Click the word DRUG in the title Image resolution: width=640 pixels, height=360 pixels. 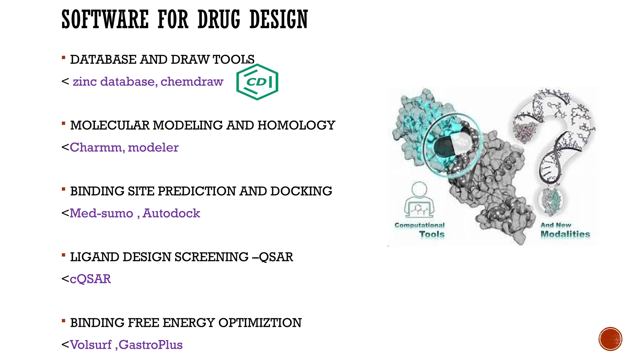pyautogui.click(x=219, y=19)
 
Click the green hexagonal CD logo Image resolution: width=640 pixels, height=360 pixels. pyautogui.click(x=257, y=82)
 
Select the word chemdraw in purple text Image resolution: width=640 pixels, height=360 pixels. pyautogui.click(x=192, y=82)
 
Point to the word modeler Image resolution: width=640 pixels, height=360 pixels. pyautogui.click(x=153, y=147)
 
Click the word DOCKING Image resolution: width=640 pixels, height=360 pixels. pyautogui.click(x=301, y=191)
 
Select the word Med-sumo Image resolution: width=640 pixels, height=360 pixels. pyautogui.click(x=101, y=213)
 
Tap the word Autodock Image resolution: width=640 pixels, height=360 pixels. pyautogui.click(x=171, y=213)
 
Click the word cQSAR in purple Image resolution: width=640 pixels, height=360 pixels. pyautogui.click(x=90, y=279)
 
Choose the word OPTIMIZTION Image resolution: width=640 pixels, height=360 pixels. pyautogui.click(x=260, y=323)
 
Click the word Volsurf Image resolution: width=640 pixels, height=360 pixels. pyautogui.click(x=91, y=345)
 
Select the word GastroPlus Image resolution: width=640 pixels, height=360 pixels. pyautogui.click(x=151, y=345)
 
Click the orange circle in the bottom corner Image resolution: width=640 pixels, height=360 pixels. pyautogui.click(x=610, y=339)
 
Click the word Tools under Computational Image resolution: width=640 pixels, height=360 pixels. pyautogui.click(x=432, y=234)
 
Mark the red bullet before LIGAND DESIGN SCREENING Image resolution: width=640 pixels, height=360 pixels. pyautogui.click(x=63, y=255)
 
